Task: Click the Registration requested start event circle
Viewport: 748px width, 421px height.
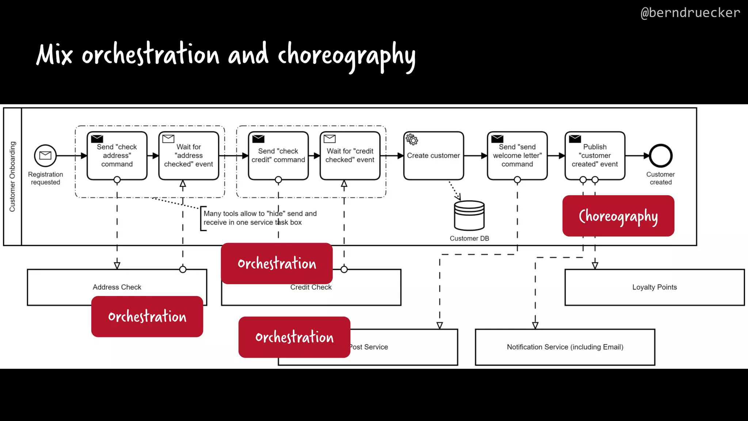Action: tap(45, 155)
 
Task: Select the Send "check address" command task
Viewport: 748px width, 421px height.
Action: tap(117, 156)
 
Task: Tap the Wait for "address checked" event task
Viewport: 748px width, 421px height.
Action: tap(188, 156)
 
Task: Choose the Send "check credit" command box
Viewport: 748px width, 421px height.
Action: tap(278, 156)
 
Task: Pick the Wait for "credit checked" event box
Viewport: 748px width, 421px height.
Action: tap(350, 156)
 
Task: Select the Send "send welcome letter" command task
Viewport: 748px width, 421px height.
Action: tap(517, 156)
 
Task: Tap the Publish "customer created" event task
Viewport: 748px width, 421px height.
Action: tap(595, 156)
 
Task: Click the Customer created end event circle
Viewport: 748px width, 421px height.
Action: tap(660, 156)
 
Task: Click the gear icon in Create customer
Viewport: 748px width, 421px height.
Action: tap(412, 139)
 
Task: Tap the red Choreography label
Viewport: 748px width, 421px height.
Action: tap(618, 216)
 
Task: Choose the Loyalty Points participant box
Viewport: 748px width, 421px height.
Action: tap(654, 287)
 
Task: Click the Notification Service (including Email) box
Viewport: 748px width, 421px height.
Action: tap(565, 347)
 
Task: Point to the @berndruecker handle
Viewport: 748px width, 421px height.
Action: tap(690, 13)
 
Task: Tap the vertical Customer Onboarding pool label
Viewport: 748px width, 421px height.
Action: tap(12, 177)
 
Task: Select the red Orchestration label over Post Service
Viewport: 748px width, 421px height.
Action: tap(294, 337)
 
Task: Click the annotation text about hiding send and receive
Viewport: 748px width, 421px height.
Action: tap(260, 218)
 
